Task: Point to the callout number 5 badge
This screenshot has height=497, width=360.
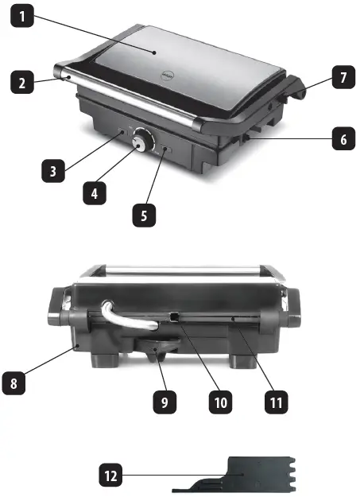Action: (x=145, y=215)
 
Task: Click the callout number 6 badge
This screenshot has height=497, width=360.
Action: (x=343, y=139)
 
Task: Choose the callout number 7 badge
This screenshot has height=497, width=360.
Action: (x=343, y=78)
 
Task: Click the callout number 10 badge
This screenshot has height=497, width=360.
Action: (x=220, y=402)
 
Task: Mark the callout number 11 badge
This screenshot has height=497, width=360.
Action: (x=275, y=402)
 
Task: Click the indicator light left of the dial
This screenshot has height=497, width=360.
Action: (x=120, y=133)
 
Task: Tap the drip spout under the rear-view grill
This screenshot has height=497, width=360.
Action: (x=157, y=348)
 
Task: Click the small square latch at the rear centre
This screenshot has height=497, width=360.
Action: (x=172, y=317)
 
